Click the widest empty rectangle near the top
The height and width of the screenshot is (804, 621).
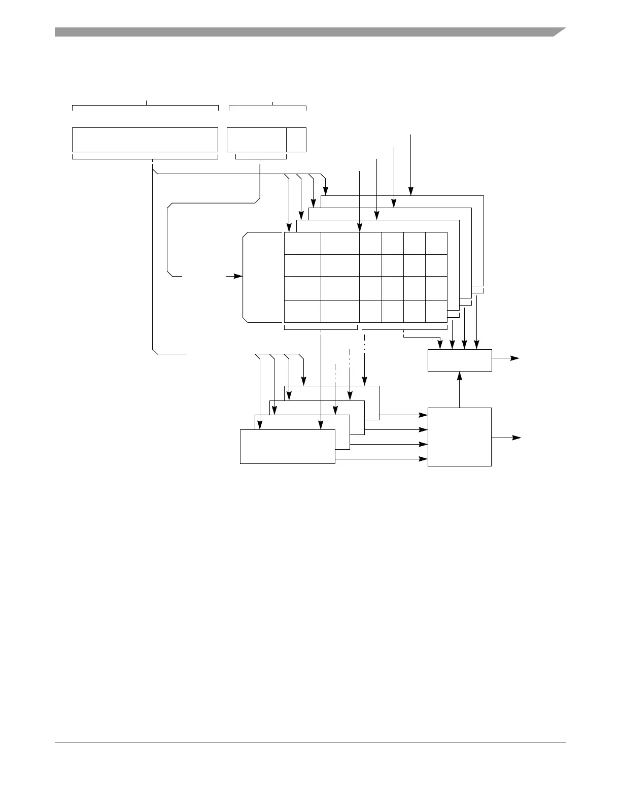[145, 140]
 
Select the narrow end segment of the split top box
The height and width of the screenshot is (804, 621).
[296, 140]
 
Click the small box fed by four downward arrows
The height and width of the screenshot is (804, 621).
[460, 360]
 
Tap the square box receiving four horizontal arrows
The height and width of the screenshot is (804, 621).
[460, 437]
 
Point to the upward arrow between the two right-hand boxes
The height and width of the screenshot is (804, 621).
[460, 389]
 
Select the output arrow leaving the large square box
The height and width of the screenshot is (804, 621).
[507, 438]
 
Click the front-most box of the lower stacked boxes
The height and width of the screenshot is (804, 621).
[287, 447]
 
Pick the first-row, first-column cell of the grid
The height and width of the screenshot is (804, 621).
[302, 244]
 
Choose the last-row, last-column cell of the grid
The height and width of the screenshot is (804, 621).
[436, 311]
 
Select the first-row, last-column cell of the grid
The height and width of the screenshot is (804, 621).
[436, 244]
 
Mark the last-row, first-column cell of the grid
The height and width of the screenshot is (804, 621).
[302, 311]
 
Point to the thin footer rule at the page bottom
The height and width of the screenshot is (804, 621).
[310, 743]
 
